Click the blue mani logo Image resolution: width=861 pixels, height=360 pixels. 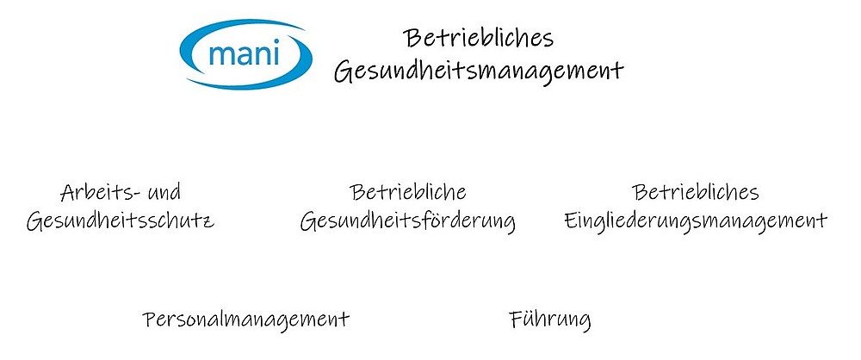pyautogui.click(x=246, y=54)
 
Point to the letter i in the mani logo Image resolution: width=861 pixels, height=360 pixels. pyautogui.click(x=277, y=53)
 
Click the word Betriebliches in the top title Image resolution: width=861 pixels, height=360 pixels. pyautogui.click(x=478, y=38)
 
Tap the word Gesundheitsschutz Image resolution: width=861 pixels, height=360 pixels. pyautogui.click(x=121, y=221)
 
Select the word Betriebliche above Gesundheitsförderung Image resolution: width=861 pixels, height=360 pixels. pyautogui.click(x=407, y=192)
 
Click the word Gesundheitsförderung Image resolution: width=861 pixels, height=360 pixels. pyautogui.click(x=407, y=222)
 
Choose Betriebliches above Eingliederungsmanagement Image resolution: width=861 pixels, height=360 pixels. pyautogui.click(x=695, y=192)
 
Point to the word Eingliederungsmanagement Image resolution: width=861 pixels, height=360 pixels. pyautogui.click(x=696, y=222)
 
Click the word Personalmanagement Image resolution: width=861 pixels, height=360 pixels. pyautogui.click(x=246, y=320)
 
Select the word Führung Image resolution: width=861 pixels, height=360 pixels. pyautogui.click(x=549, y=320)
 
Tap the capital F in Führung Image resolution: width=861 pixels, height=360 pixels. pyautogui.click(x=516, y=320)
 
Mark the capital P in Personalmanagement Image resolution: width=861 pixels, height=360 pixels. pyautogui.click(x=149, y=320)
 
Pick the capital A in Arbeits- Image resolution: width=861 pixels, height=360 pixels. pyautogui.click(x=68, y=193)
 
